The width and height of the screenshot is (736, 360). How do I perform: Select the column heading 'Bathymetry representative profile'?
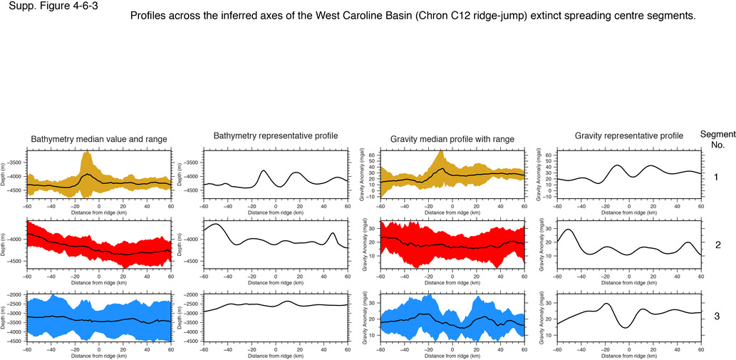[276, 135]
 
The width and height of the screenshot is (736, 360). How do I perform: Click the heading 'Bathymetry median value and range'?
[99, 139]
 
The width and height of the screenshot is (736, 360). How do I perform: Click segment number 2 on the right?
[718, 244]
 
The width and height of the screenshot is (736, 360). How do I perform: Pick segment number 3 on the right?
[718, 316]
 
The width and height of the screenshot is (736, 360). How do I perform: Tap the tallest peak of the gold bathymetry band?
[87, 153]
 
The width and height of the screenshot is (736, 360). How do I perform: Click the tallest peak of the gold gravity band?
[441, 151]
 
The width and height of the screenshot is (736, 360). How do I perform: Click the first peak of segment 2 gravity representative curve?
[568, 230]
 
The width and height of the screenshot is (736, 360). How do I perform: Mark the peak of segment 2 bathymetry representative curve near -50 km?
[216, 225]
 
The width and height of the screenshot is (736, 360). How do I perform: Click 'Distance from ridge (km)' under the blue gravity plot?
[452, 356]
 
